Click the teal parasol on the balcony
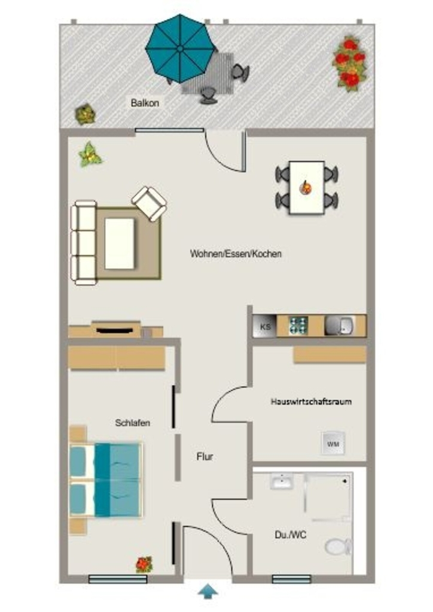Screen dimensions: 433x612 (x=180, y=48)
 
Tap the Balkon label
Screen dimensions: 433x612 (x=145, y=103)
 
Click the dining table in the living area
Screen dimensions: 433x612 (x=307, y=187)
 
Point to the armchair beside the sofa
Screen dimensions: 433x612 (x=149, y=203)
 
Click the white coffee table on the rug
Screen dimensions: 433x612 (x=120, y=243)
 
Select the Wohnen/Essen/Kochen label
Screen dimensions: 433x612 (x=236, y=253)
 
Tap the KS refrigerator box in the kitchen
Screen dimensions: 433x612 (x=265, y=326)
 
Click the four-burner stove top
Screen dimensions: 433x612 (x=298, y=326)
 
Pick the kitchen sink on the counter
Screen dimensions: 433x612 (x=339, y=326)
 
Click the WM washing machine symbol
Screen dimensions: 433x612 (x=333, y=443)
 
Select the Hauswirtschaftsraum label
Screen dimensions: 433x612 (x=311, y=401)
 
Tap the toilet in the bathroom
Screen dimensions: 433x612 (x=338, y=546)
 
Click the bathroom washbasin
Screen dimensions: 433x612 (x=282, y=481)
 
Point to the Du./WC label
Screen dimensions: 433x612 (x=291, y=535)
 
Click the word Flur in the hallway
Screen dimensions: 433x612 (x=205, y=456)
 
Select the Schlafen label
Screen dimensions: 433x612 (x=132, y=423)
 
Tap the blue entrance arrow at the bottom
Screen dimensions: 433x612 (x=208, y=591)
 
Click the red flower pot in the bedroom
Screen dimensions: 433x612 (x=144, y=564)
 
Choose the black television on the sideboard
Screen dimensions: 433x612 (x=115, y=331)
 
